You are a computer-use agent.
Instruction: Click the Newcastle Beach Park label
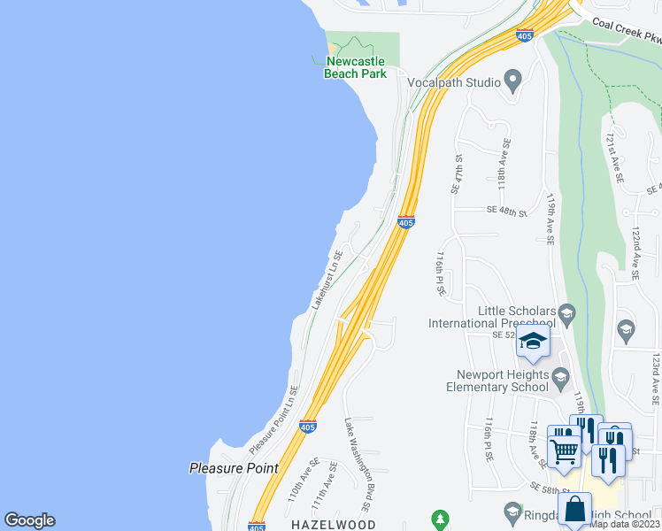[x=356, y=67]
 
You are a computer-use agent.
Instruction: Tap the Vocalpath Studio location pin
[x=512, y=82]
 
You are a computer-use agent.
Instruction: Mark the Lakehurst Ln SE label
[x=327, y=279]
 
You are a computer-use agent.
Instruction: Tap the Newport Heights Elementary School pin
[x=560, y=380]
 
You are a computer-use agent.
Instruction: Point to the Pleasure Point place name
[x=234, y=468]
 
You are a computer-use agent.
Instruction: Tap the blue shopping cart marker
[x=564, y=450]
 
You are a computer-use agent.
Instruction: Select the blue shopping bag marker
[x=574, y=509]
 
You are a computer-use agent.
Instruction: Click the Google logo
[x=29, y=520]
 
